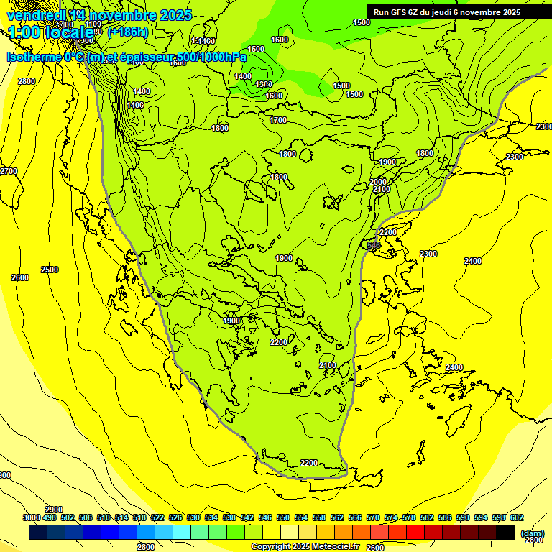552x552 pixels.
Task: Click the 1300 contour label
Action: point(263,85)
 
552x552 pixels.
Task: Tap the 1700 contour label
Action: point(278,120)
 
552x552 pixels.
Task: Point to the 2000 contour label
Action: point(378,182)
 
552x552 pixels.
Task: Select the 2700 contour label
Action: point(9,171)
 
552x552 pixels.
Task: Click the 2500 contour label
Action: point(50,270)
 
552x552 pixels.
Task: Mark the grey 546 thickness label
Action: point(373,246)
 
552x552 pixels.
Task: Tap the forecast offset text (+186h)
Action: point(127,32)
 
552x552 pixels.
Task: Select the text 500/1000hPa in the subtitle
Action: point(213,57)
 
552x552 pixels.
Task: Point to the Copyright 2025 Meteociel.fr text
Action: point(305,546)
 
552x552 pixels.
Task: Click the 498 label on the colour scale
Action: point(50,517)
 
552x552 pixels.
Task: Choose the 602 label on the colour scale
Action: point(516,517)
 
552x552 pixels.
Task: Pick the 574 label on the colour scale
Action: point(391,517)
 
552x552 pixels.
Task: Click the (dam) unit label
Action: point(532,533)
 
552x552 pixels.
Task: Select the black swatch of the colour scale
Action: point(505,532)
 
